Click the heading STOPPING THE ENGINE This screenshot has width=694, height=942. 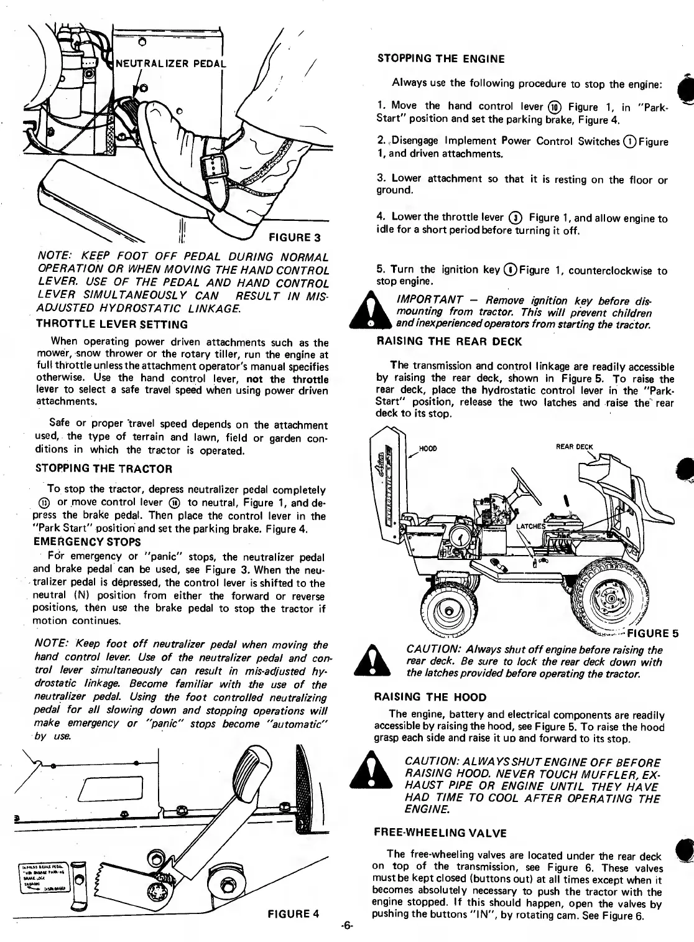pyautogui.click(x=441, y=59)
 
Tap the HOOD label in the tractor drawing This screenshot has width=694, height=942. pyautogui.click(x=427, y=447)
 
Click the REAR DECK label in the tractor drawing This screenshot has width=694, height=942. pyautogui.click(x=575, y=446)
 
